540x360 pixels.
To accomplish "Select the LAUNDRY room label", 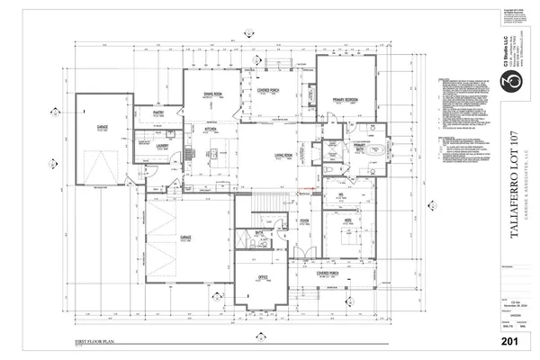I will pyautogui.click(x=163, y=143).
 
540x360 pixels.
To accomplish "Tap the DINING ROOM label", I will pyautogui.click(x=212, y=94).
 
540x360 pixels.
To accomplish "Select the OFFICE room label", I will pyautogui.click(x=263, y=277).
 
